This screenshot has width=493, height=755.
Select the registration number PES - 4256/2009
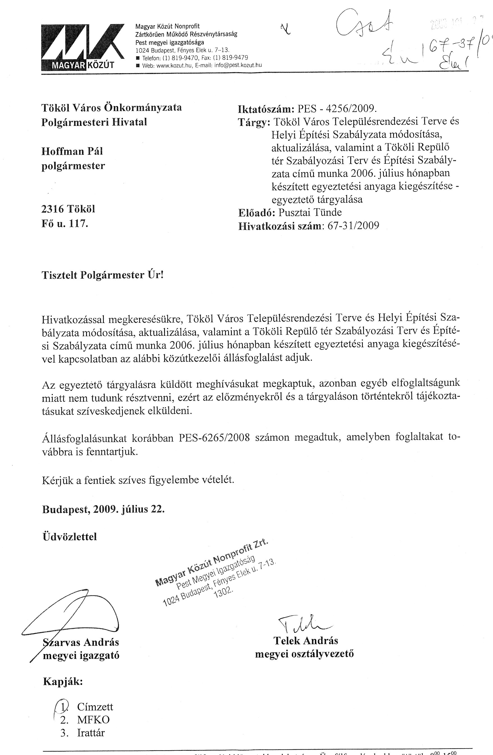pos(337,109)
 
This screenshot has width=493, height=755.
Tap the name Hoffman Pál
pos(72,151)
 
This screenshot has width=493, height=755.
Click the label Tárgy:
pos(254,123)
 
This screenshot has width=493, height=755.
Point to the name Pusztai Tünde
pos(310,212)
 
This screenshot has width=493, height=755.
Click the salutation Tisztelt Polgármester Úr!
pos(102,275)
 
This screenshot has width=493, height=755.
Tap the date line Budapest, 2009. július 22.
pos(103,509)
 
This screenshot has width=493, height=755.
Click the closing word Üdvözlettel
pos(69,537)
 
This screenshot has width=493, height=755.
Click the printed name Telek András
pos(306,641)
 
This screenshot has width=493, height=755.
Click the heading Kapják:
pos(63,681)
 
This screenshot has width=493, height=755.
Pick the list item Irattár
pos(91,733)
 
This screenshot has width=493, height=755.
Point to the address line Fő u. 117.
pos(65,224)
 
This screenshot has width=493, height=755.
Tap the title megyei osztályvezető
pos(304,654)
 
